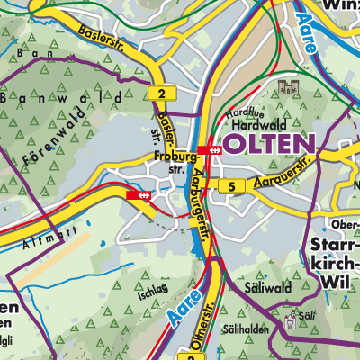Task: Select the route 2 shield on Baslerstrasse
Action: (160, 93)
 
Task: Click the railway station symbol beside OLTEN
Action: (215, 149)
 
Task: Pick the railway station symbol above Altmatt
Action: (139, 193)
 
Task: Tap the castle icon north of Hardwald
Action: (288, 88)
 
